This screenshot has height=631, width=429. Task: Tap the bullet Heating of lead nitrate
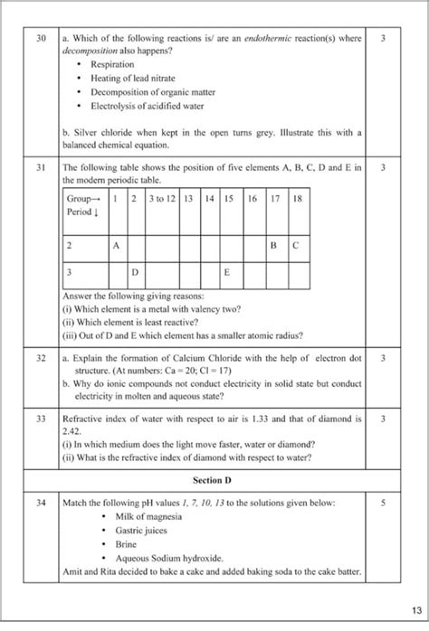tap(132, 80)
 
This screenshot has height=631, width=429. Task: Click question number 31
tap(41, 167)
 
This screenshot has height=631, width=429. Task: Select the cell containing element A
tap(116, 245)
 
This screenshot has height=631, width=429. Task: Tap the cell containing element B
tap(274, 245)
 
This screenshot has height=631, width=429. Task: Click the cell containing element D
tap(134, 272)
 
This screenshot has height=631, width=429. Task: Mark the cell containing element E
tap(229, 272)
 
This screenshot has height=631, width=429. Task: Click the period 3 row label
tap(69, 272)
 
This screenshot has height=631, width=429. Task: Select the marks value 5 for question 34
tap(385, 501)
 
